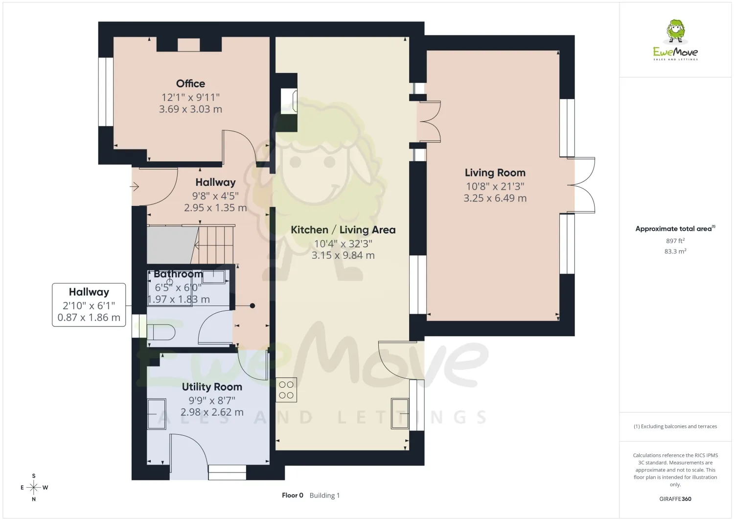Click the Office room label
pos(190,83)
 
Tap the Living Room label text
pos(495,173)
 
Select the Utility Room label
pos(212,387)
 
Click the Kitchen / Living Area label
pos(343,230)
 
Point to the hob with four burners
pos(286,390)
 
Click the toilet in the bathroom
pos(161,332)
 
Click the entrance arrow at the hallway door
pos(135,187)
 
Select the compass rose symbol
pos(34,488)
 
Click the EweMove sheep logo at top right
pos(675,40)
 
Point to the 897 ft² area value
pos(675,241)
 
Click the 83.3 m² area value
pos(675,251)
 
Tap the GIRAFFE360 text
pos(675,498)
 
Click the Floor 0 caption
pos(292,495)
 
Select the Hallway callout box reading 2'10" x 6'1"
pos(89,305)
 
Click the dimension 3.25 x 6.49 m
pos(495,198)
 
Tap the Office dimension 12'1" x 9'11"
pos(190,97)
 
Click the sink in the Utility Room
pos(156,414)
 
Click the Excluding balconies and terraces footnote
pos(675,426)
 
